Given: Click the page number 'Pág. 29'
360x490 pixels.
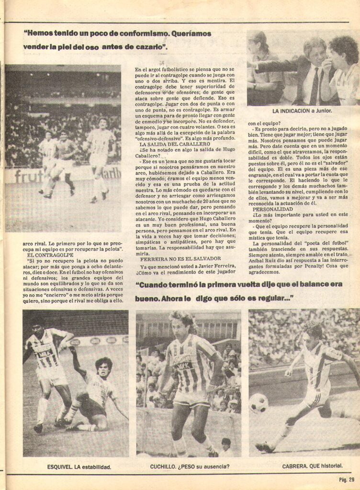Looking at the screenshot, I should [x=344, y=479].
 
